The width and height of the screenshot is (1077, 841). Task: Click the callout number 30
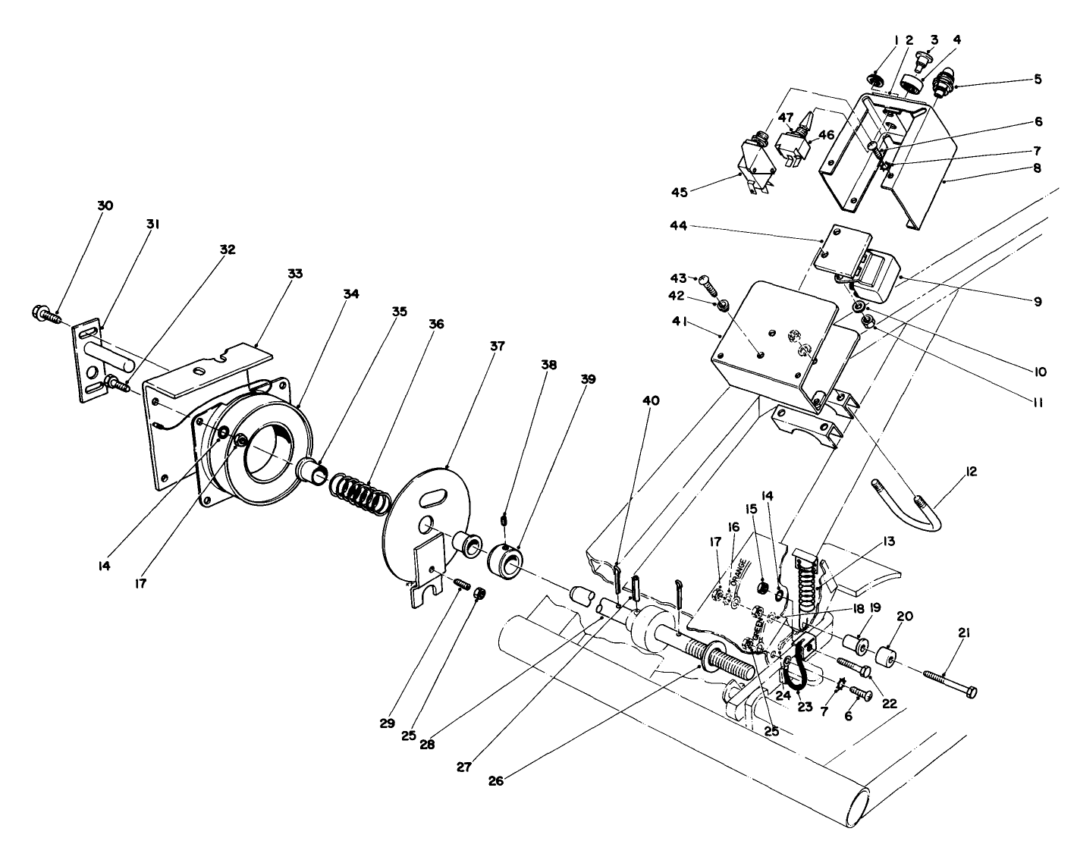point(105,206)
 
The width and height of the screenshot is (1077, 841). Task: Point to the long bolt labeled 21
point(950,683)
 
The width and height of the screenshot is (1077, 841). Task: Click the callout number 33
point(295,273)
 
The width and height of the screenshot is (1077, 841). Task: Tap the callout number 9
point(1037,301)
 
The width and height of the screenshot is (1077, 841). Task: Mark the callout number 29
point(388,723)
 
